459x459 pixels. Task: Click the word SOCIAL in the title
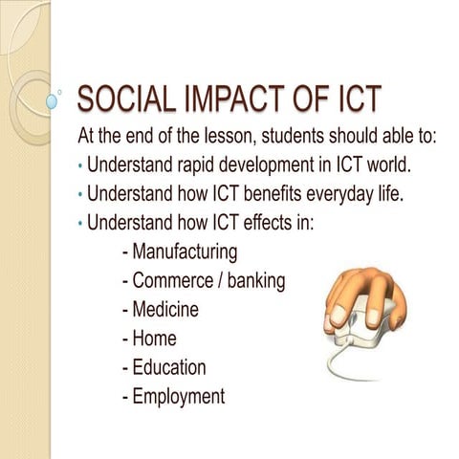click(123, 99)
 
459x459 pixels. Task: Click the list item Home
click(154, 338)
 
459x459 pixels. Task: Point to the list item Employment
click(178, 395)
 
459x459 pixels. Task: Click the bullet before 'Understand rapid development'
click(79, 166)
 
